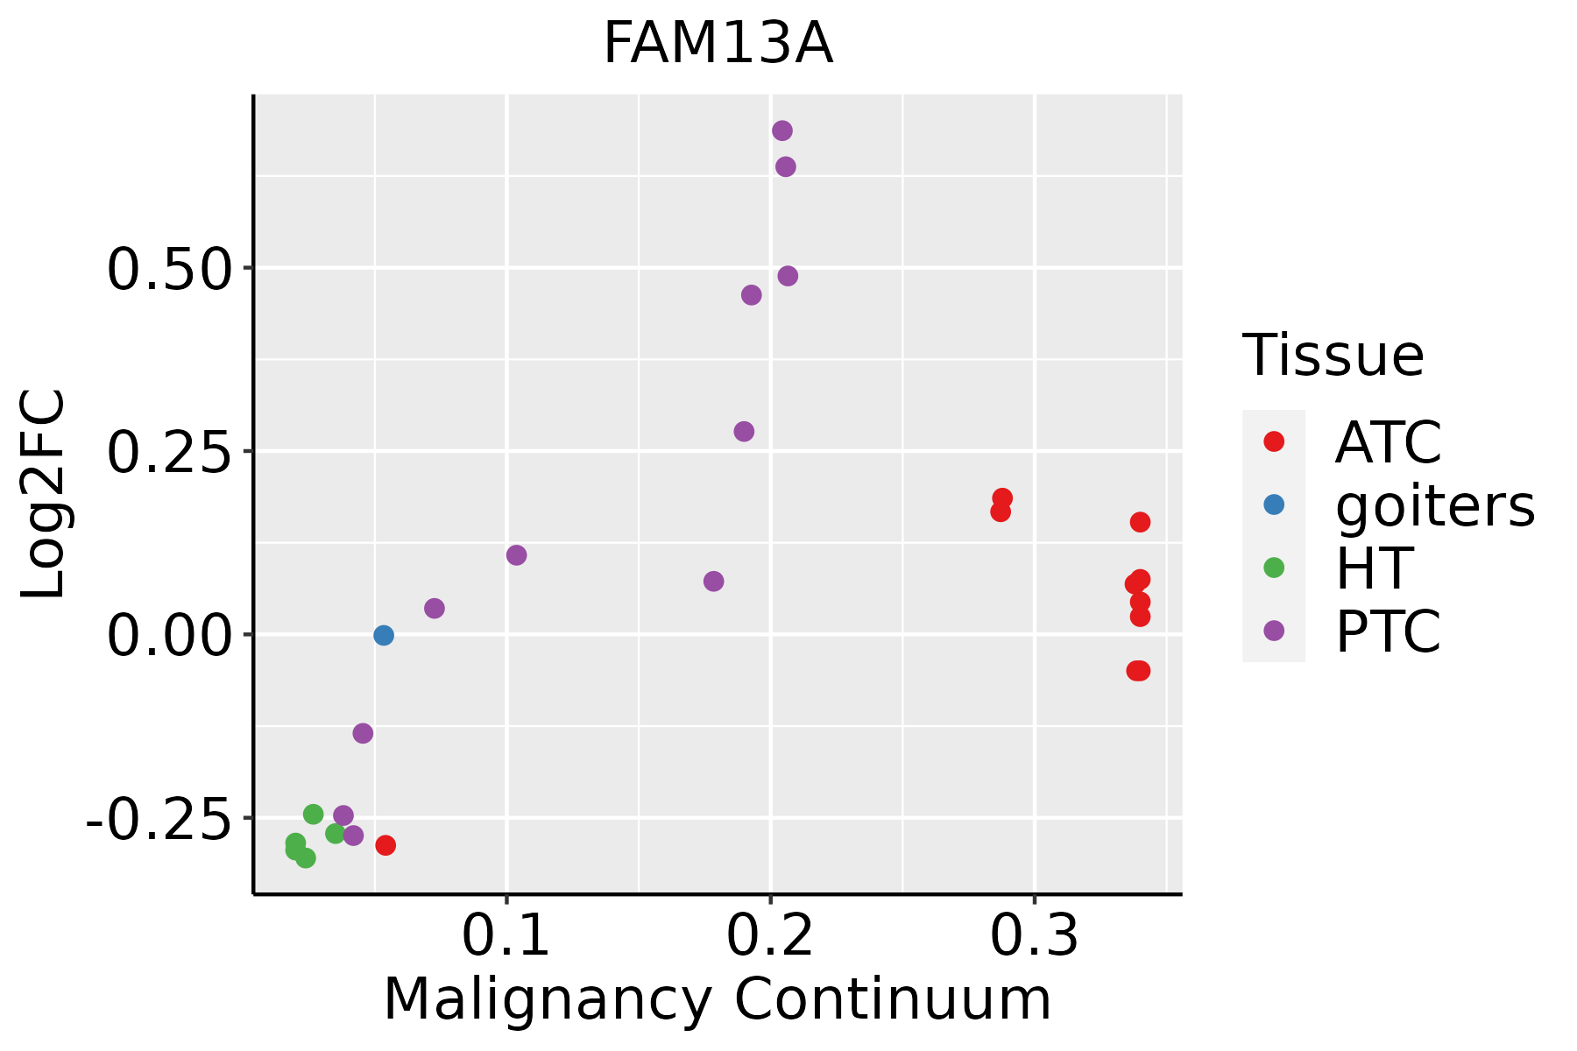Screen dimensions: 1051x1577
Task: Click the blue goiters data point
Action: point(384,635)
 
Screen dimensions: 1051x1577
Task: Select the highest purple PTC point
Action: point(782,130)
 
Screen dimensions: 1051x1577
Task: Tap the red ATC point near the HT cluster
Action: point(385,845)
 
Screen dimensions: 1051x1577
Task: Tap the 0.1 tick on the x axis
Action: point(506,936)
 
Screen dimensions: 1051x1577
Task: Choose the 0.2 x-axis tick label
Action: point(770,936)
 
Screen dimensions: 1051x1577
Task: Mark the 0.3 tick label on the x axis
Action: point(1035,936)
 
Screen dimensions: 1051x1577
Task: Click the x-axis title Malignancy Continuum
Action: point(718,1000)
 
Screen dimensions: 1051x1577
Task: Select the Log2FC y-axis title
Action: point(44,495)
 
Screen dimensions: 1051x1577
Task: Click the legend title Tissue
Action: point(1333,356)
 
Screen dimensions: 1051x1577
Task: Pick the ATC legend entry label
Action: point(1388,443)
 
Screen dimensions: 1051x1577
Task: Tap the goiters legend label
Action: point(1435,505)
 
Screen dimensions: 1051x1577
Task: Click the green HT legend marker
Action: point(1274,568)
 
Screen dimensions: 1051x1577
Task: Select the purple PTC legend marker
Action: point(1274,631)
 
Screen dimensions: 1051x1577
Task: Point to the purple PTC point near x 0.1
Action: point(517,555)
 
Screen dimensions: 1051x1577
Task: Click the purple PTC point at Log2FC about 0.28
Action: point(744,432)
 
